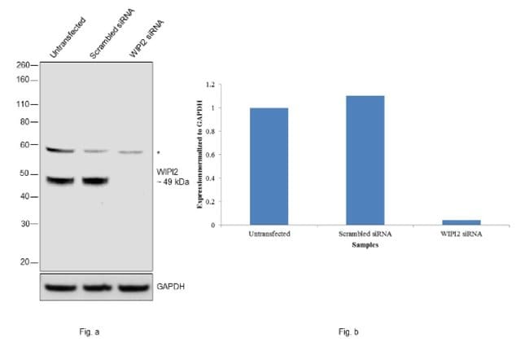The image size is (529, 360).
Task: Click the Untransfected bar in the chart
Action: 269,166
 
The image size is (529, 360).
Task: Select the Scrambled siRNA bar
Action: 365,160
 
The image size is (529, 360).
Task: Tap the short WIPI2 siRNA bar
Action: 461,222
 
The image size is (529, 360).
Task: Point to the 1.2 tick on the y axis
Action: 209,85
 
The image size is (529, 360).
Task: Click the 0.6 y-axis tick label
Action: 209,155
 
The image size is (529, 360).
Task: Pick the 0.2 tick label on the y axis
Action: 209,202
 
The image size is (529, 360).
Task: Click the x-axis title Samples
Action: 365,244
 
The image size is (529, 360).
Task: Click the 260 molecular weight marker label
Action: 23,64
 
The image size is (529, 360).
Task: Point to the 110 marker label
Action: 23,104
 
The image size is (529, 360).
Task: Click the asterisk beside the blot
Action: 158,152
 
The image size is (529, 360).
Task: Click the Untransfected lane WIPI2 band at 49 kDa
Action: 59,181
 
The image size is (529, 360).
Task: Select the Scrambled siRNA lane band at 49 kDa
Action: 95,181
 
